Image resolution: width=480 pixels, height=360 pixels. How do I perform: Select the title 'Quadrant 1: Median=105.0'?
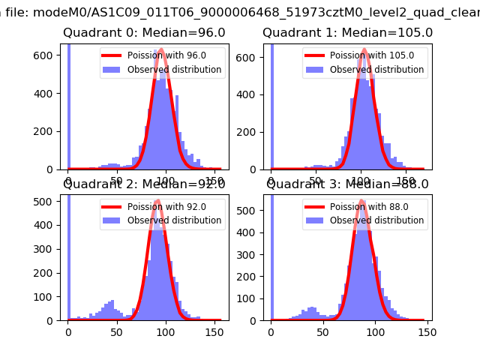coord(347,33)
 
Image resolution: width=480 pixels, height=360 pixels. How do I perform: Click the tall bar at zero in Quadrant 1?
coord(271,105)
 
